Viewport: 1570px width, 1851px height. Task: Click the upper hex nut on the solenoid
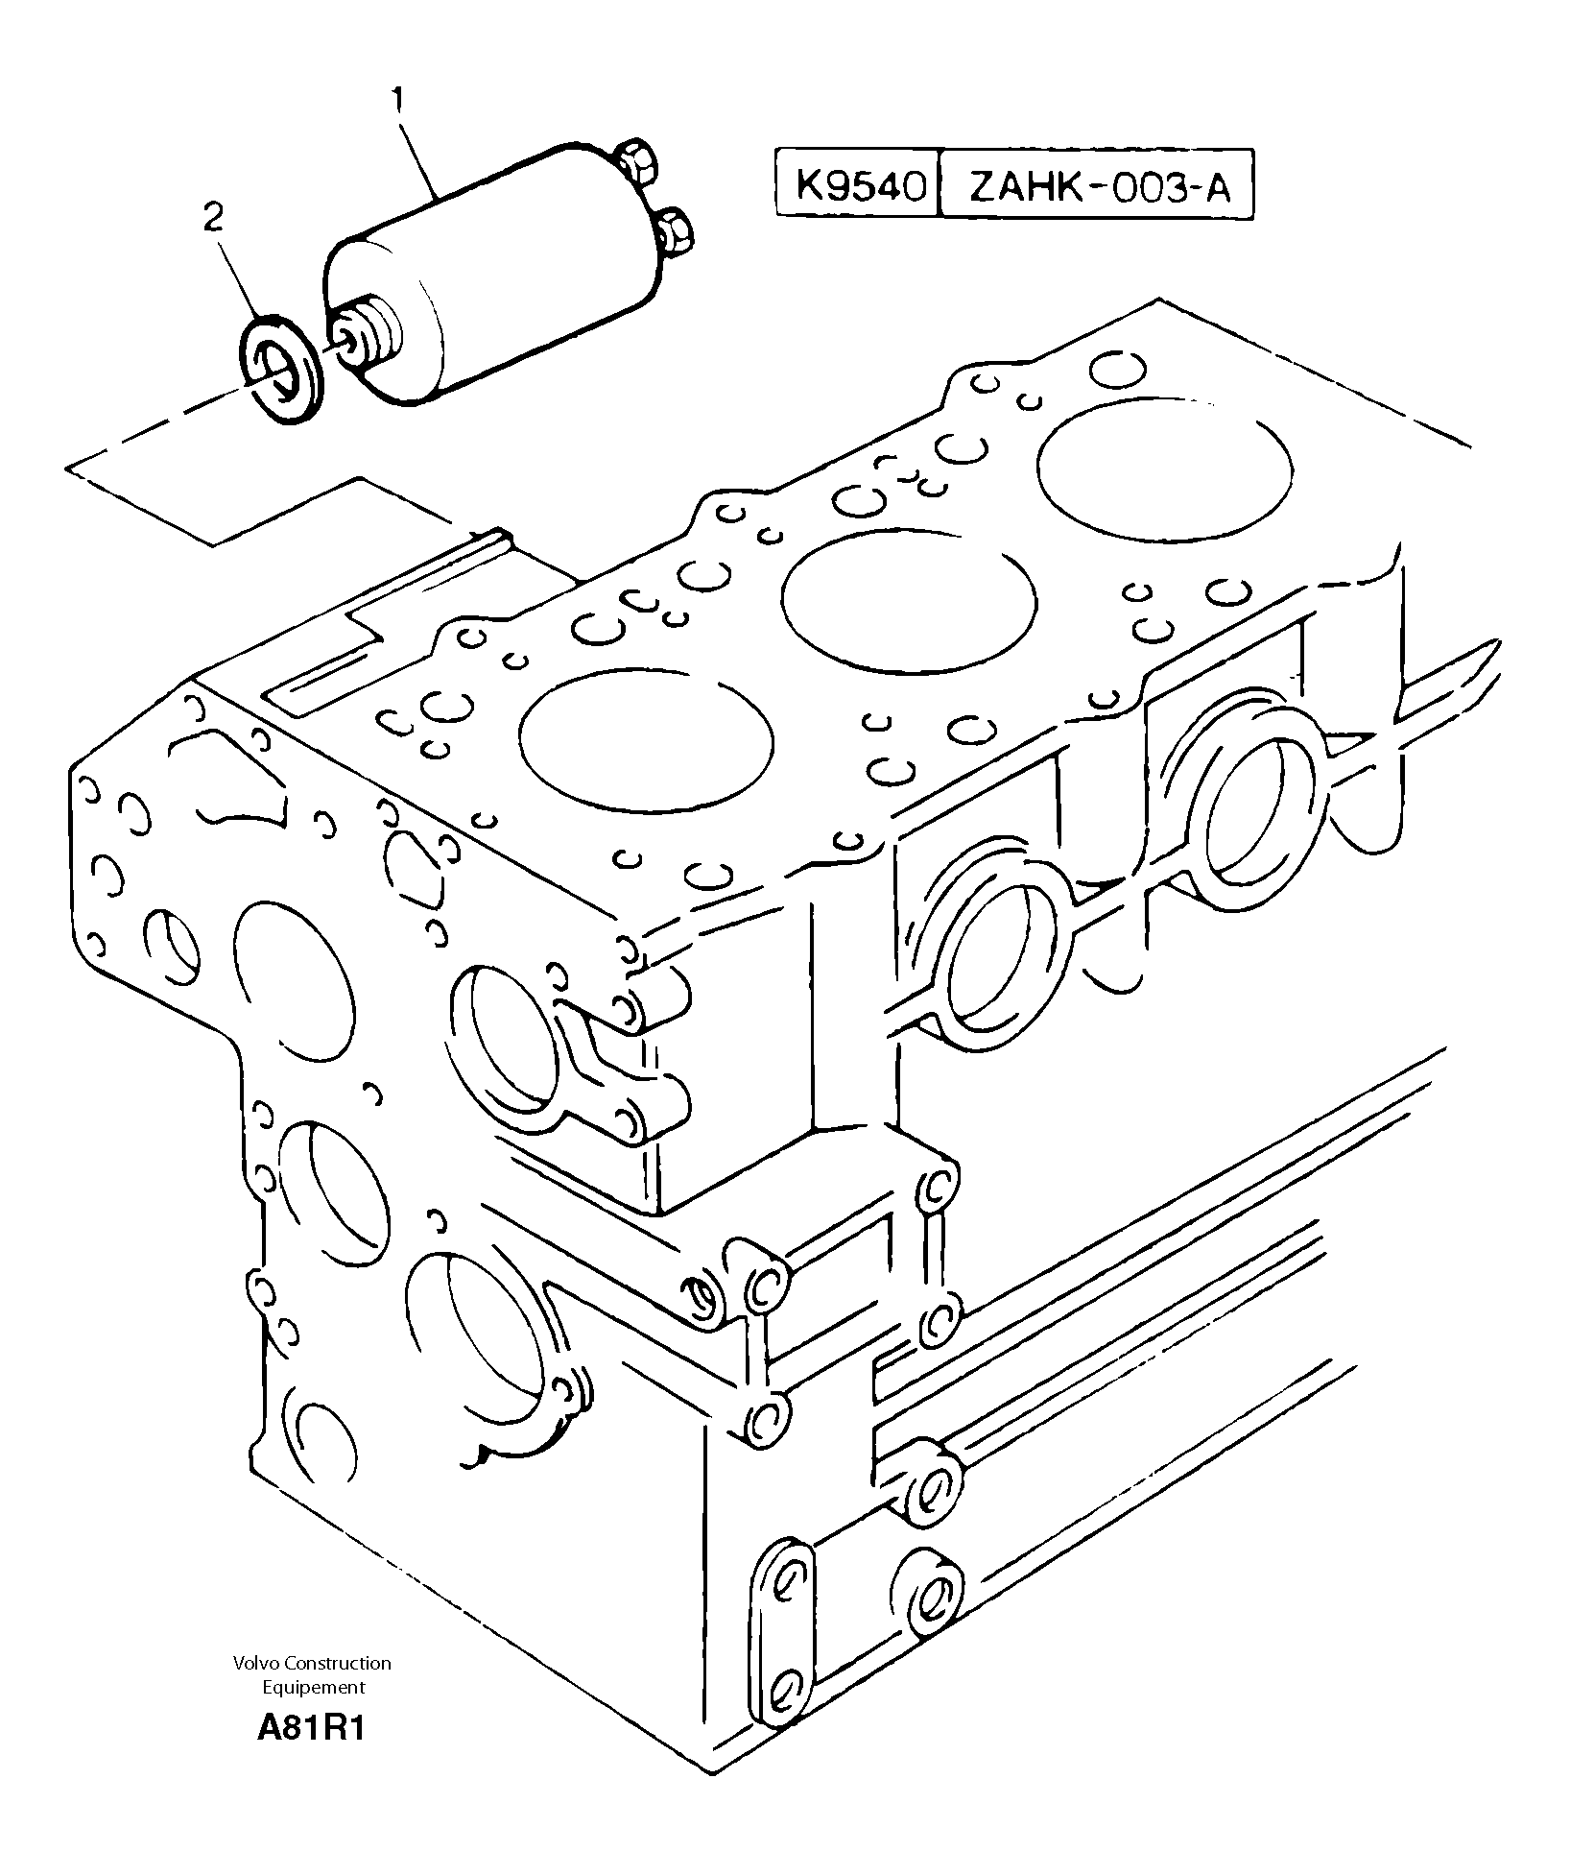(635, 162)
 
